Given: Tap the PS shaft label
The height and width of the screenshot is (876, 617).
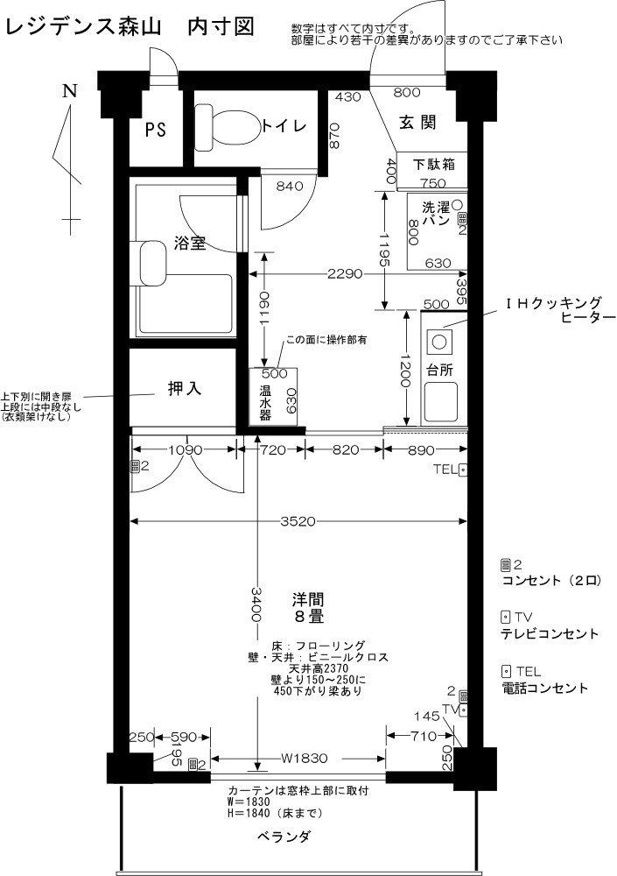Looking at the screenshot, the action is tap(156, 130).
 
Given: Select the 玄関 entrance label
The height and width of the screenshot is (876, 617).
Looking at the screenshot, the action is tap(417, 123).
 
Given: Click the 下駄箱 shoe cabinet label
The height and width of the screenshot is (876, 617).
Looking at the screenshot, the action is tap(434, 165).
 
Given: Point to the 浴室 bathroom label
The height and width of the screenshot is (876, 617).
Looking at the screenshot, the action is tap(190, 243).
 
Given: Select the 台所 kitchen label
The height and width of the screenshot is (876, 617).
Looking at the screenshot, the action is tap(440, 370).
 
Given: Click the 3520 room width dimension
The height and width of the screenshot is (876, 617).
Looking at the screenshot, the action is tap(298, 521).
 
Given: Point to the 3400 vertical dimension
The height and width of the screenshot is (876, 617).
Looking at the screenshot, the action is tap(256, 604).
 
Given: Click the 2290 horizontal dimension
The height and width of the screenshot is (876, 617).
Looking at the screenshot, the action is tap(345, 273).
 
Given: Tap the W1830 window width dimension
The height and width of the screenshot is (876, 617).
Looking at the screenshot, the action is tap(304, 759).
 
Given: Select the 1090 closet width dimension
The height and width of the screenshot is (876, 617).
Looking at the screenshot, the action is tap(184, 450).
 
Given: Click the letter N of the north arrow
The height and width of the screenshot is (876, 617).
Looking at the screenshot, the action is tap(70, 91).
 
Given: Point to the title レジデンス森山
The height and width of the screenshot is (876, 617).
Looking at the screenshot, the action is tap(83, 26).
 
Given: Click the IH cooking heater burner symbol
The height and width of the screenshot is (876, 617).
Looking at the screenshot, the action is tap(438, 341).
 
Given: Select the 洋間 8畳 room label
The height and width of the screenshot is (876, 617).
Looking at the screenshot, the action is tap(308, 608).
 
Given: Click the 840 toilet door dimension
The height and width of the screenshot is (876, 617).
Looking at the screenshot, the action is tap(290, 186).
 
